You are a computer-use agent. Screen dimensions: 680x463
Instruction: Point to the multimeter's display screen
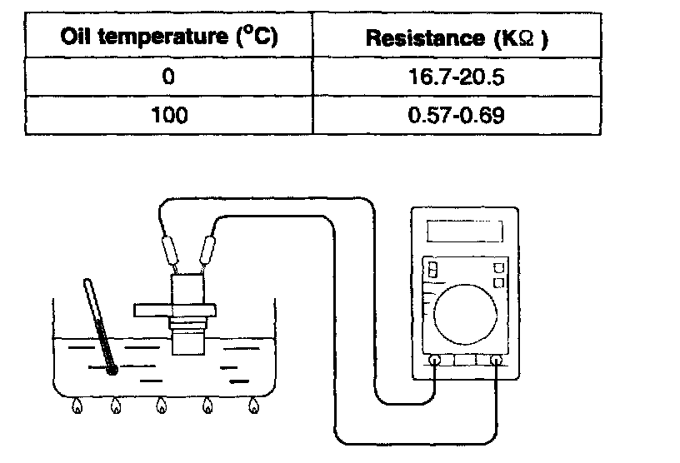click(x=465, y=231)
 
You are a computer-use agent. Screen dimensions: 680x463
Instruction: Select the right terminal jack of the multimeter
click(x=497, y=361)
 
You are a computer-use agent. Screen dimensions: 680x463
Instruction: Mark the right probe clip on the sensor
click(x=209, y=248)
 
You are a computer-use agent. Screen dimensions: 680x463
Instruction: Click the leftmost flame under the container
click(x=77, y=406)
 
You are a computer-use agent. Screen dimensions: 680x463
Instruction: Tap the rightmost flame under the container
click(x=252, y=406)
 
